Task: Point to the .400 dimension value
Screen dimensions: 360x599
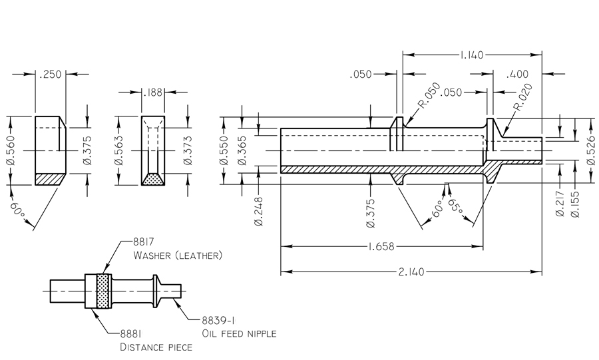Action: point(516,74)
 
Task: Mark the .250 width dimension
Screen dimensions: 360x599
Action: point(50,74)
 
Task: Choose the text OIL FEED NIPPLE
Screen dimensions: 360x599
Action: point(238,333)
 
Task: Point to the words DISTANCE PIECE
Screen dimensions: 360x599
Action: point(156,347)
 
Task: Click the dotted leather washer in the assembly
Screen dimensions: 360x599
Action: point(102,291)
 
